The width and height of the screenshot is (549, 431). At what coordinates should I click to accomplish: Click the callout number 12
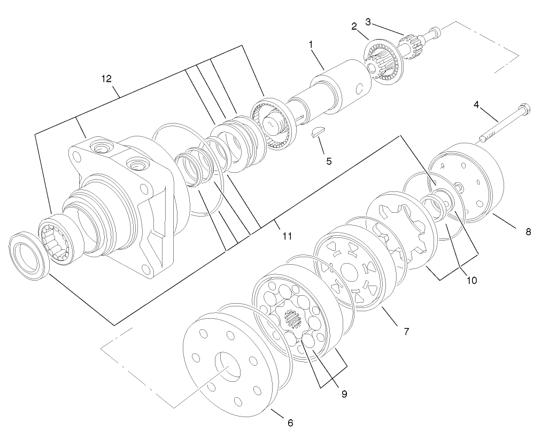click(x=106, y=79)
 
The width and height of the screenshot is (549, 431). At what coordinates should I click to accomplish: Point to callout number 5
click(x=329, y=160)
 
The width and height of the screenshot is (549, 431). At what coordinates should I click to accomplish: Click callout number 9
click(x=344, y=394)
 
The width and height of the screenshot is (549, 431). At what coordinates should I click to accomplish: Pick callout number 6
click(x=290, y=422)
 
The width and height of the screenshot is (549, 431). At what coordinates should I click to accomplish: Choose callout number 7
click(x=406, y=332)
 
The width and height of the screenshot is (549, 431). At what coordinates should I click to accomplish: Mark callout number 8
click(x=528, y=232)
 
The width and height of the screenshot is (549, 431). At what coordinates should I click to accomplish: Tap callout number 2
click(x=353, y=26)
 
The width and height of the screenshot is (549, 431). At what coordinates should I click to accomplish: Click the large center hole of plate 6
click(x=227, y=367)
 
